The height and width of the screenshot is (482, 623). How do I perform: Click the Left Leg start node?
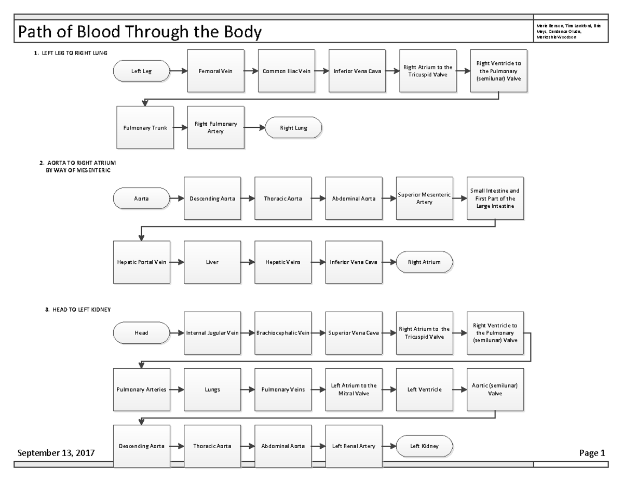click(141, 71)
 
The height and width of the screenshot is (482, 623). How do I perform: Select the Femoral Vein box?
click(215, 71)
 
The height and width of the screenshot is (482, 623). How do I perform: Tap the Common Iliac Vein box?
click(287, 71)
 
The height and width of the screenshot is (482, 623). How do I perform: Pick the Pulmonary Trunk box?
click(145, 128)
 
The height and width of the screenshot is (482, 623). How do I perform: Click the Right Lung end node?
click(293, 128)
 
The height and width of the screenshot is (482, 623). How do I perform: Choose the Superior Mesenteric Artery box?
click(424, 198)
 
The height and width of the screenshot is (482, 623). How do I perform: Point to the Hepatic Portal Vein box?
click(141, 262)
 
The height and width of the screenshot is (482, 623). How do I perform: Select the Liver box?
click(212, 262)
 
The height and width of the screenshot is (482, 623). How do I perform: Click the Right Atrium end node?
click(424, 262)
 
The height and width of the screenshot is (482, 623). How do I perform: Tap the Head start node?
click(141, 333)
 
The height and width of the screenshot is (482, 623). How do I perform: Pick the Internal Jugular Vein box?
click(212, 333)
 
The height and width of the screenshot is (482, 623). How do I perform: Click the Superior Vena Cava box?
click(354, 333)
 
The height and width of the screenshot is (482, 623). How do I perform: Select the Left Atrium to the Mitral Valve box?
click(354, 390)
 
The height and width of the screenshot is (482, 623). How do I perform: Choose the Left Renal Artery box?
click(354, 446)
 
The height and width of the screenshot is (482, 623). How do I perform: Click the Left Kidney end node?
click(424, 446)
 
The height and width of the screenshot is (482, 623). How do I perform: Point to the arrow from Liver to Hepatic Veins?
click(248, 262)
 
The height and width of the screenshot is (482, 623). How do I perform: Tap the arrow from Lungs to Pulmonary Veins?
click(248, 390)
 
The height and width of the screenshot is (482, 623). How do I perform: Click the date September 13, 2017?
click(56, 452)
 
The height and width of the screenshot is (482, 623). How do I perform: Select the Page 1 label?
click(592, 452)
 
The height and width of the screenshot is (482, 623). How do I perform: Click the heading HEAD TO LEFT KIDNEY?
click(78, 310)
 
